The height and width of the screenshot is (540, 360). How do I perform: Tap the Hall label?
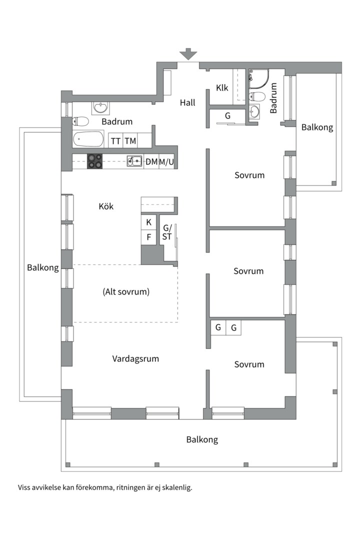[187, 102]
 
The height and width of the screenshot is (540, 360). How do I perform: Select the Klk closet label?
[222, 88]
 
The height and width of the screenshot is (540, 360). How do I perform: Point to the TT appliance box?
[115, 141]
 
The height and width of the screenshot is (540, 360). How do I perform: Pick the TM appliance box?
[130, 141]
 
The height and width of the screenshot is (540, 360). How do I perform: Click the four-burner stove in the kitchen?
[95, 161]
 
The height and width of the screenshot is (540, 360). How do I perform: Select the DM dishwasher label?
[151, 161]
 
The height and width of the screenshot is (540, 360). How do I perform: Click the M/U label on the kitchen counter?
[166, 161]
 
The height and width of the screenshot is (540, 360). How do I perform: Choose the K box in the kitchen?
[148, 222]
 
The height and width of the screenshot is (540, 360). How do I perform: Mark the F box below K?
[148, 236]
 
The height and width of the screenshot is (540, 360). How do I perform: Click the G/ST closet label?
[167, 232]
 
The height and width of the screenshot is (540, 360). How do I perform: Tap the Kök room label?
[106, 206]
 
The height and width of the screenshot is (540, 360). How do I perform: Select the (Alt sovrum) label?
[126, 291]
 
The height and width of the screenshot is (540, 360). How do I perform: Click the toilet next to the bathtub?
[80, 121]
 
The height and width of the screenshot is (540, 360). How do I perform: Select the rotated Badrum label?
[273, 98]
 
